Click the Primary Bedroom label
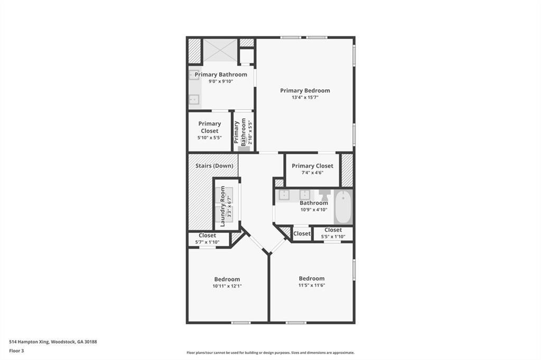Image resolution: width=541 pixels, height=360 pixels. pyautogui.click(x=305, y=90)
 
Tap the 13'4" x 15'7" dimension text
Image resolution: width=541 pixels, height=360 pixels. pyautogui.click(x=305, y=98)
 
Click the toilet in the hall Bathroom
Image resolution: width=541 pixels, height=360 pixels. pyautogui.click(x=324, y=195)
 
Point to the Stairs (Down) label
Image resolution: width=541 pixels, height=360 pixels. pyautogui.click(x=214, y=166)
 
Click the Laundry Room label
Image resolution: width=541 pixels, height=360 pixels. pyautogui.click(x=223, y=205)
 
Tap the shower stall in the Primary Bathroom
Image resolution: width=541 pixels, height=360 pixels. pyautogui.click(x=220, y=50)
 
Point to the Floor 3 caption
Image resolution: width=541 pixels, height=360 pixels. pyautogui.click(x=16, y=350)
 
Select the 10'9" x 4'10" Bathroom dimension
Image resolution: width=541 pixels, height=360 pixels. pyautogui.click(x=314, y=210)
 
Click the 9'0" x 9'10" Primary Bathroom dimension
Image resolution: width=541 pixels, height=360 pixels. pyautogui.click(x=221, y=81)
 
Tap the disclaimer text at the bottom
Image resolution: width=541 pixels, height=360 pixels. pyautogui.click(x=270, y=353)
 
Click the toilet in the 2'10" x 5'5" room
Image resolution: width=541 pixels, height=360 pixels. pyautogui.click(x=244, y=148)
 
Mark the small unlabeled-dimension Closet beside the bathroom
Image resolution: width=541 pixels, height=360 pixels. pyautogui.click(x=302, y=233)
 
